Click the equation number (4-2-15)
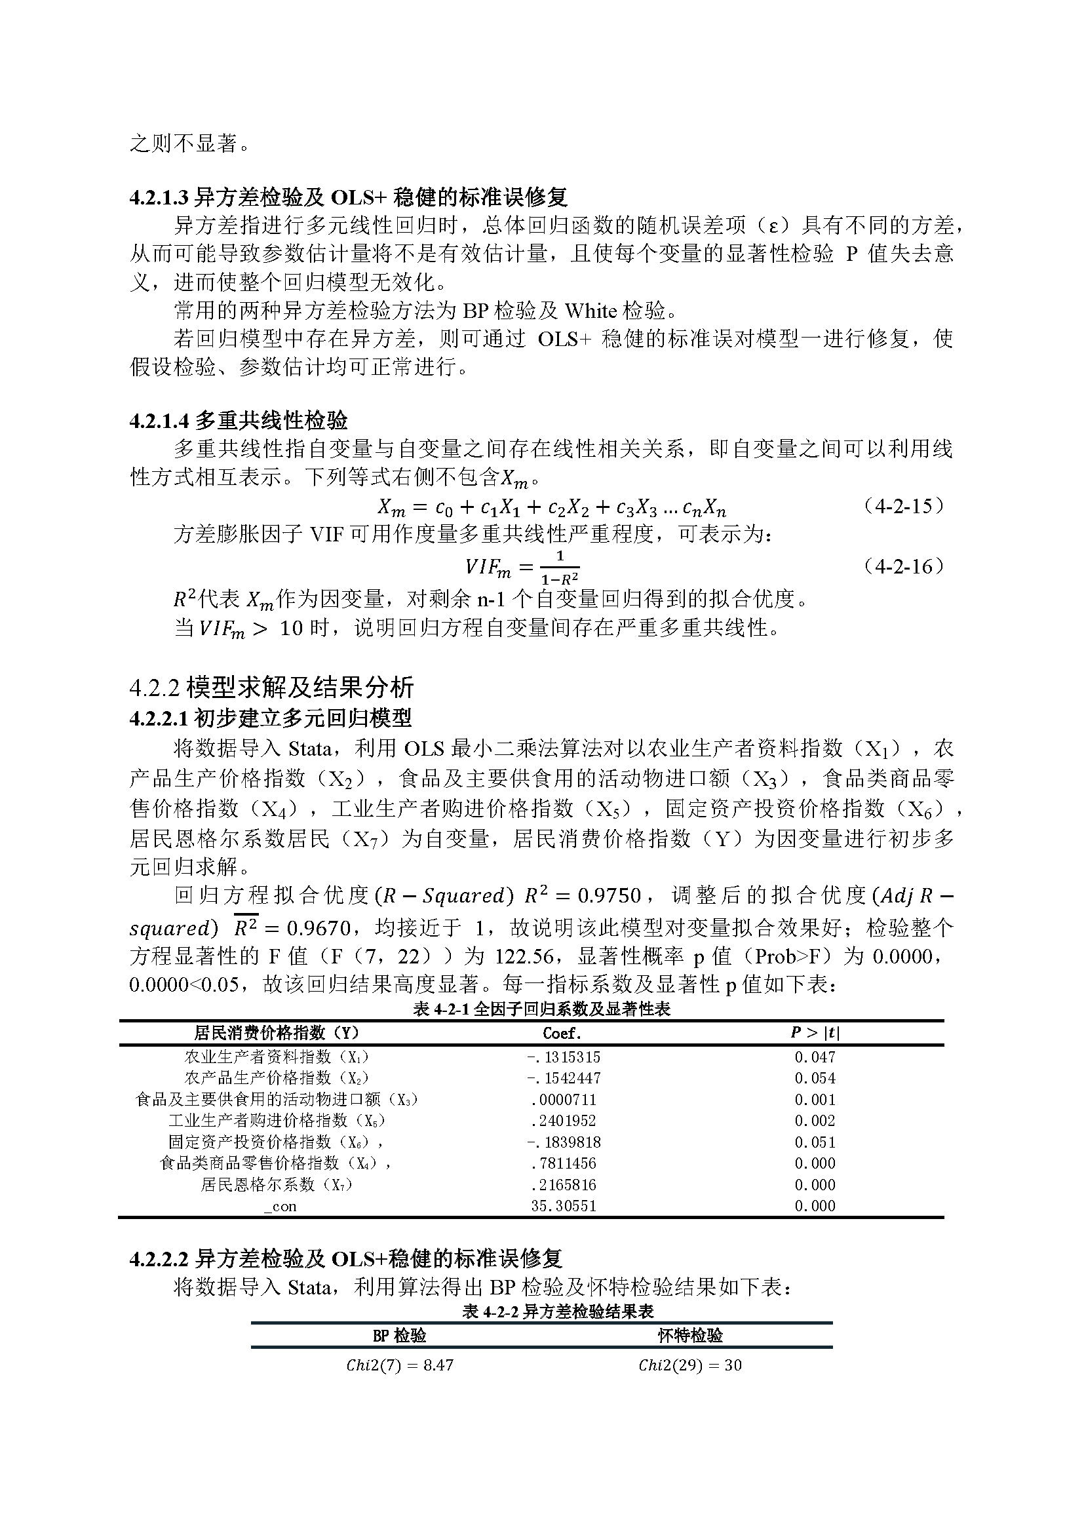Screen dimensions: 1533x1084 pyautogui.click(x=904, y=506)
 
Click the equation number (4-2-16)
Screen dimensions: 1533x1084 pyautogui.click(x=904, y=567)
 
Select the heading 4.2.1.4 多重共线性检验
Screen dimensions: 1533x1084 pyautogui.click(x=239, y=421)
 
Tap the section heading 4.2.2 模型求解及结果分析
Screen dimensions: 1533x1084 pyautogui.click(x=272, y=687)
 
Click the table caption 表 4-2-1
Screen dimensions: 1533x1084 pyautogui.click(x=541, y=1009)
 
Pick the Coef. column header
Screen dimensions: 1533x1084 pyautogui.click(x=562, y=1033)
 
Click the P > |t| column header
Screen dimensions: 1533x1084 pyautogui.click(x=815, y=1033)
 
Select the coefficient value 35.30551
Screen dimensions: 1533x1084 pyautogui.click(x=564, y=1206)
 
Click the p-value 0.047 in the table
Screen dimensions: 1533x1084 pyautogui.click(x=815, y=1057)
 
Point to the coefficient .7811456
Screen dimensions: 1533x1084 pyautogui.click(x=564, y=1163)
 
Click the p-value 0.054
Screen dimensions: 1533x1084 pyautogui.click(x=815, y=1078)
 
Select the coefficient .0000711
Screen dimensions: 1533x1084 pyautogui.click(x=564, y=1100)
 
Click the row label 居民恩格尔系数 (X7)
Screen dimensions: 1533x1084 pyautogui.click(x=277, y=1184)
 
